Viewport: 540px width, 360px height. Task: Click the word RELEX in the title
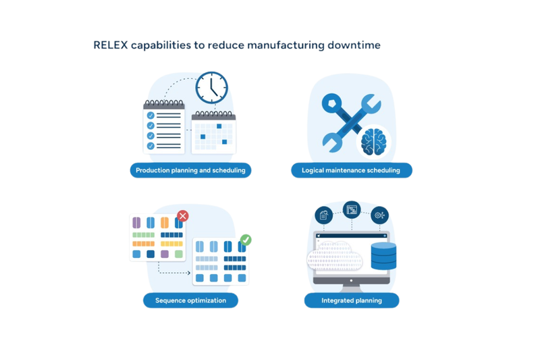[x=111, y=45]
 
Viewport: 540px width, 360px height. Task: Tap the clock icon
[x=211, y=88]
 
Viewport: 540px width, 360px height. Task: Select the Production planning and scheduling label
[x=190, y=170]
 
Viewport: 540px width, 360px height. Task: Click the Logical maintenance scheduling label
[x=351, y=170]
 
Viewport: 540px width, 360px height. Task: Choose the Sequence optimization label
[x=190, y=301]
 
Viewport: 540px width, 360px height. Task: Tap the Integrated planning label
[x=352, y=301]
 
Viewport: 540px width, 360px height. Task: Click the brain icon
[x=374, y=142]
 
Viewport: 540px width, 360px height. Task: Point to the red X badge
[x=183, y=216]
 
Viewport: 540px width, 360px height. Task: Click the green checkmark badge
[x=246, y=240]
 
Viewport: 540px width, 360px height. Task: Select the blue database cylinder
[x=383, y=256]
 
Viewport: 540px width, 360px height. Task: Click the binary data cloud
[x=334, y=257]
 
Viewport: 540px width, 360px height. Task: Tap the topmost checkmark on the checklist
[x=151, y=115]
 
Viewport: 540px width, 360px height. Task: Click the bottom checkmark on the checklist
[x=151, y=146]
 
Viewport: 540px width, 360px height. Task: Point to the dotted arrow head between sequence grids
[x=189, y=273]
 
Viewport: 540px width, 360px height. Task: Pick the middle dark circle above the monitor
[x=352, y=210]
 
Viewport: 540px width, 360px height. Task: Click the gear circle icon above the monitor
[x=379, y=215]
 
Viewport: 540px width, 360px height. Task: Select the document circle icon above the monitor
[x=324, y=215]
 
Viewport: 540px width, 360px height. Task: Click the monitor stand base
[x=351, y=288]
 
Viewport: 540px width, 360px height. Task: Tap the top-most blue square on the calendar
[x=219, y=126]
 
